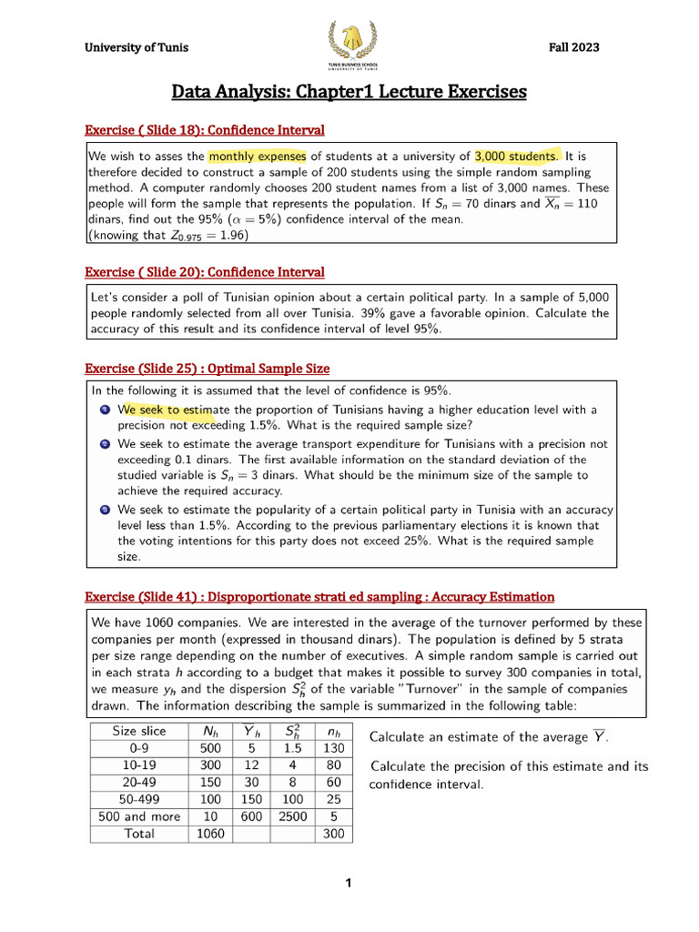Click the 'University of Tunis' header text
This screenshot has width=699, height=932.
[x=137, y=48]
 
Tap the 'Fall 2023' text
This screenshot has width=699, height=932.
[x=573, y=48]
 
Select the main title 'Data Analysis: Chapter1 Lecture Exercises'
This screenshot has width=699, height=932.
[x=349, y=92]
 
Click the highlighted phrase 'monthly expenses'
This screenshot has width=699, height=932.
[x=257, y=156]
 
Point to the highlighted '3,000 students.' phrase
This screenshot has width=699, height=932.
[x=519, y=156]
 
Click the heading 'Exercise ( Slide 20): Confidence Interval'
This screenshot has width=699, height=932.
[x=205, y=272]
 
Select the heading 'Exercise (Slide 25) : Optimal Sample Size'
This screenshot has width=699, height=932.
[x=207, y=369]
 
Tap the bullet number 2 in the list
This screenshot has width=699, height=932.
[x=106, y=444]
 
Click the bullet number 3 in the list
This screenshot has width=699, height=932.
[x=106, y=510]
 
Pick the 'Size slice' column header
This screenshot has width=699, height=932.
[x=139, y=730]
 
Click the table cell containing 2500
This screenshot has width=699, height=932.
[x=292, y=816]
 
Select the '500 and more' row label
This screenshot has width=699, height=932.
[x=139, y=816]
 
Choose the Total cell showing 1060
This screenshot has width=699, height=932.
[x=208, y=834]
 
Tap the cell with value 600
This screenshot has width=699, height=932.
[x=250, y=816]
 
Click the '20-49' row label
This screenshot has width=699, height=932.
[x=139, y=782]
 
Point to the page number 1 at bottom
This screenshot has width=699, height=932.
[x=349, y=883]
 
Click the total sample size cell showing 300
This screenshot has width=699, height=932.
[x=333, y=834]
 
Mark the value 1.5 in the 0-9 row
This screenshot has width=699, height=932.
[x=292, y=747]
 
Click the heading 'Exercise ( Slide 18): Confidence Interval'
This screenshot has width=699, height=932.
[x=205, y=130]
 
